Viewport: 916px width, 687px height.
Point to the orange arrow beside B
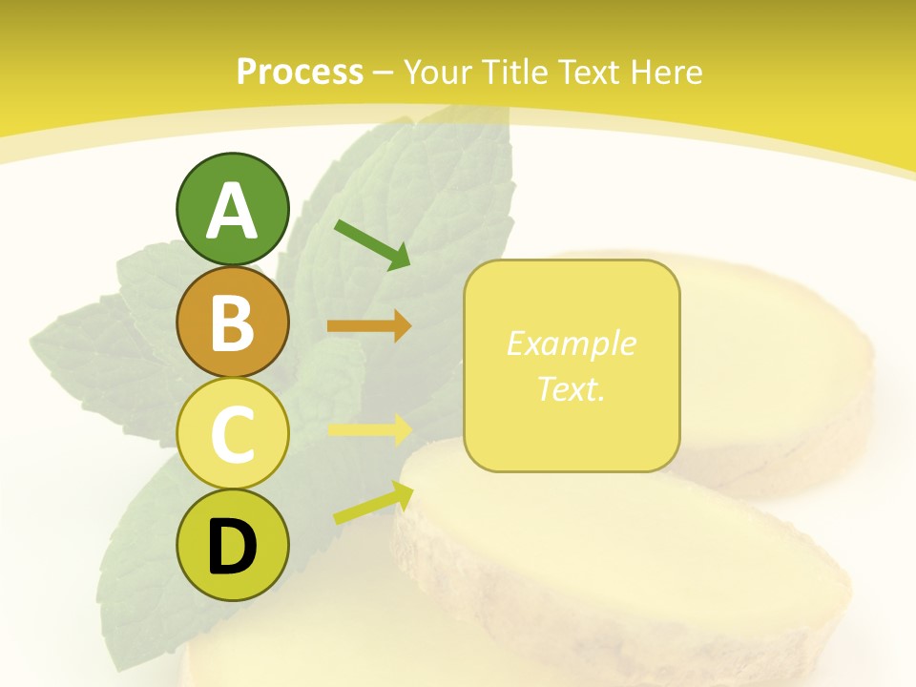[369, 326]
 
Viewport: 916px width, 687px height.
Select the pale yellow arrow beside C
[369, 429]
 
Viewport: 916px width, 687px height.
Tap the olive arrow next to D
[372, 503]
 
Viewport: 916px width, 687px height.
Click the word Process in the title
[300, 73]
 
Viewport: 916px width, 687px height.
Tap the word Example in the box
[571, 343]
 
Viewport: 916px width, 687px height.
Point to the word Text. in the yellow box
[571, 388]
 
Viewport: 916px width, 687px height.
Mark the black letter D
[233, 547]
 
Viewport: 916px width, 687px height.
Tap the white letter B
[233, 323]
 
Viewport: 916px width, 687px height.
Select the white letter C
[233, 434]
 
